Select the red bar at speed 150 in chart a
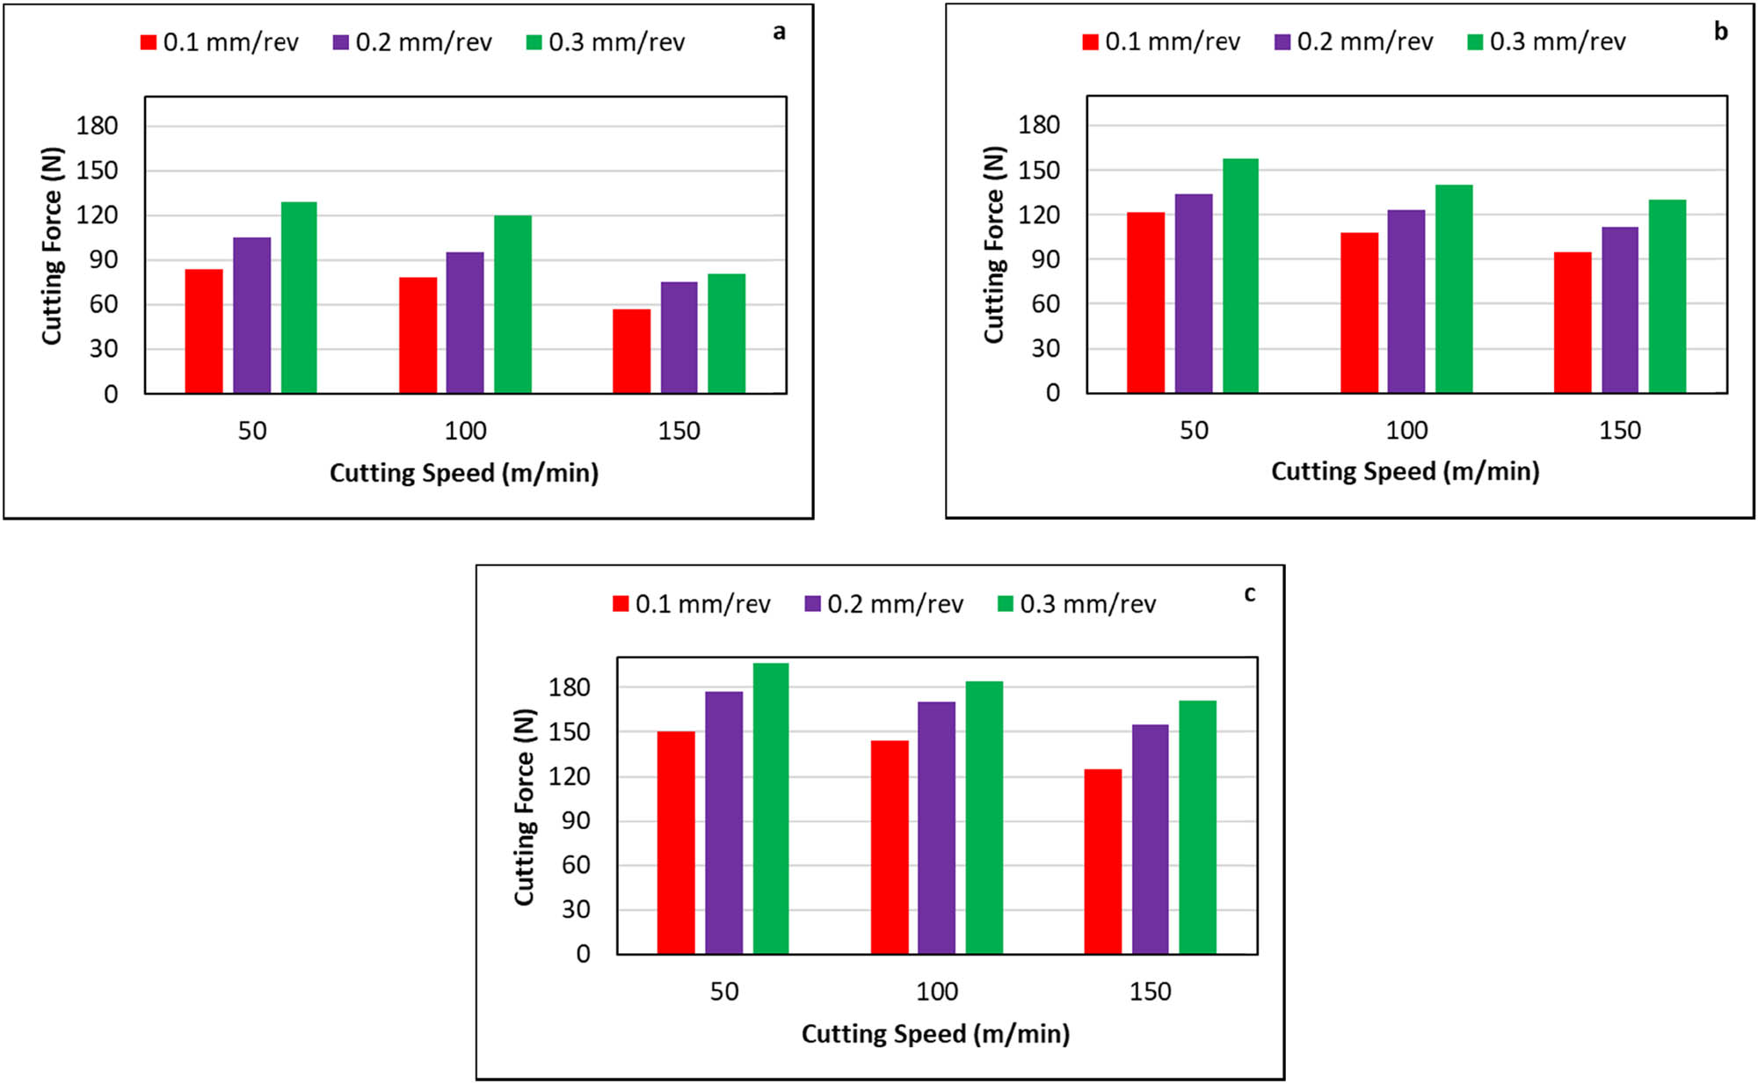[x=631, y=351]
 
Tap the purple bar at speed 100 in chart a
[x=465, y=323]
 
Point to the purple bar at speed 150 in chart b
[x=1619, y=309]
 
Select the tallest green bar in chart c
[x=771, y=808]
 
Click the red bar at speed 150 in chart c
[x=1102, y=862]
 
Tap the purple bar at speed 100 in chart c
[x=936, y=827]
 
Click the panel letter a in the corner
[x=779, y=33]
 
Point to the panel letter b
[x=1720, y=32]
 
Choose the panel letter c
[x=1249, y=594]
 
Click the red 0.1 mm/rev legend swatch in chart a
[x=149, y=42]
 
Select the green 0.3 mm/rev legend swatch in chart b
[x=1475, y=42]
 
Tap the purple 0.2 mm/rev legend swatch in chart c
[x=812, y=604]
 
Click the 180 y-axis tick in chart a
[x=97, y=126]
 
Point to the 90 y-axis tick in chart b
[x=1045, y=259]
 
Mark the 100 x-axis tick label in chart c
[x=936, y=992]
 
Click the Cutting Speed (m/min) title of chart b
[x=1405, y=472]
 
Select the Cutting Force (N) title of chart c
[x=525, y=806]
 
